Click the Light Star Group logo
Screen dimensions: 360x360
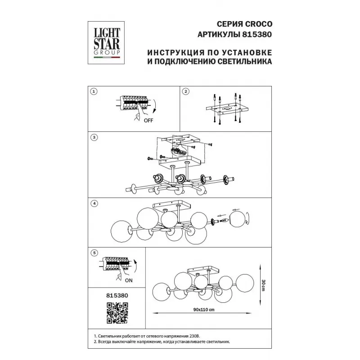(106, 43)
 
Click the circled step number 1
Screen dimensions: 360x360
(94, 92)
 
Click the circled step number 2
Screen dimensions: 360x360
(185, 92)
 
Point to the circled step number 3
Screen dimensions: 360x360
(94, 138)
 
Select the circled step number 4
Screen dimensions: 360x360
(94, 203)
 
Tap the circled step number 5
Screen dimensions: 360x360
(94, 253)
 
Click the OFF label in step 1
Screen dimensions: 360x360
(148, 121)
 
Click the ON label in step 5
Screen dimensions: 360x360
(129, 280)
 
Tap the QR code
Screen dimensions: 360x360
(117, 313)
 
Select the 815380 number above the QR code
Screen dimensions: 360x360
(117, 296)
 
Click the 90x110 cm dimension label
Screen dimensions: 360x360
(204, 310)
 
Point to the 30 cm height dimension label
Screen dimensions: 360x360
(263, 285)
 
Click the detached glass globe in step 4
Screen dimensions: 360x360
(239, 219)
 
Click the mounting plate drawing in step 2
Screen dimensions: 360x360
(226, 109)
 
